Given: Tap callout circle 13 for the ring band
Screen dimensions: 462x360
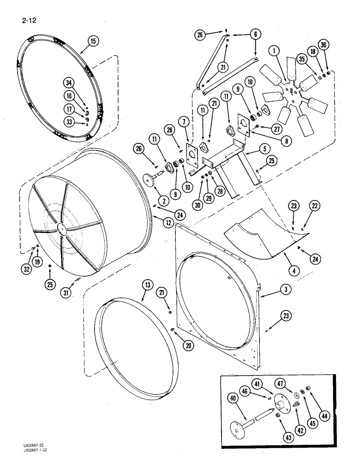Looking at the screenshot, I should tap(147, 286).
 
